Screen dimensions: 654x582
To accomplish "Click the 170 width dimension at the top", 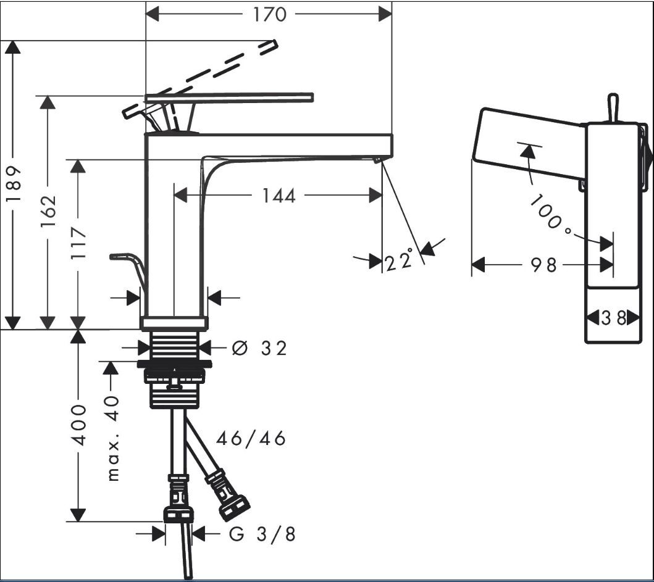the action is [x=270, y=14].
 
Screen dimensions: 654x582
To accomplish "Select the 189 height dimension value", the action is [x=14, y=184].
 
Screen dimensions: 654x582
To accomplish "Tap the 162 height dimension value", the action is [x=48, y=211].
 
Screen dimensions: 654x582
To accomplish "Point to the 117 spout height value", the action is [x=78, y=243].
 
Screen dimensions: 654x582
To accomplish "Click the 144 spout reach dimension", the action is [x=279, y=196].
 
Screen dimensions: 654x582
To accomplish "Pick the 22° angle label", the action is [x=399, y=260].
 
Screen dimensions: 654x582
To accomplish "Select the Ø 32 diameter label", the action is [x=259, y=348].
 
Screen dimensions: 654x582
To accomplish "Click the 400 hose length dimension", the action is [x=79, y=425].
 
